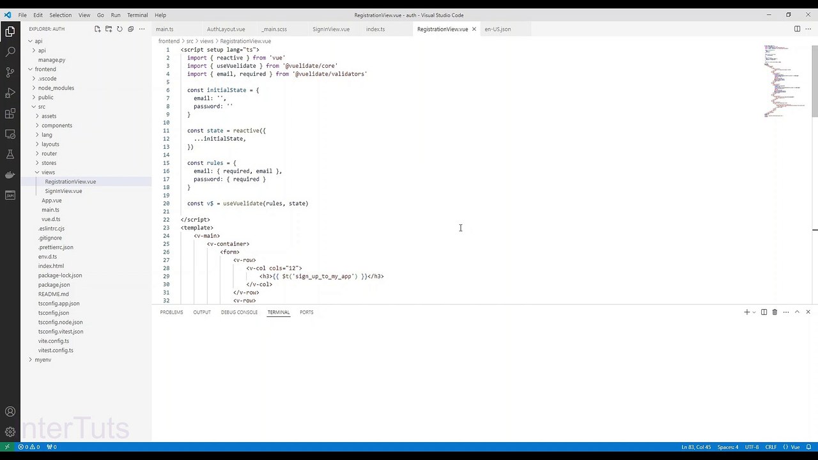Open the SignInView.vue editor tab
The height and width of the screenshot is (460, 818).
click(331, 29)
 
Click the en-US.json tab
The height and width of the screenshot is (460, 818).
click(498, 29)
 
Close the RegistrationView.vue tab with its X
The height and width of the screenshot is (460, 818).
click(474, 29)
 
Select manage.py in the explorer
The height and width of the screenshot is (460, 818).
click(52, 60)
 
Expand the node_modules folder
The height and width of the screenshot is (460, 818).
click(56, 88)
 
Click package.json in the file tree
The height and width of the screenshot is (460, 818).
click(54, 285)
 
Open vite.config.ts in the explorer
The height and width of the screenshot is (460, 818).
click(54, 341)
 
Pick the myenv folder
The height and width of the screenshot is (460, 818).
click(43, 360)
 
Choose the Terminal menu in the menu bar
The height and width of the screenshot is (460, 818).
click(137, 15)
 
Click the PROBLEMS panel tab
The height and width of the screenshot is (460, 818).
click(171, 312)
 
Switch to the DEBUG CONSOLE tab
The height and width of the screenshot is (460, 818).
click(239, 312)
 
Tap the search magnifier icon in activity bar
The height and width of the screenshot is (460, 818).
click(10, 52)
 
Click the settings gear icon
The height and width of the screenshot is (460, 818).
click(10, 432)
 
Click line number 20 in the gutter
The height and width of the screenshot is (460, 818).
click(166, 203)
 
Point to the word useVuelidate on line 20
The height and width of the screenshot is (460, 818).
click(243, 203)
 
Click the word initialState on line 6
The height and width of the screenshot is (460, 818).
click(226, 90)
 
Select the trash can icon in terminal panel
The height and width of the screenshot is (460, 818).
click(775, 312)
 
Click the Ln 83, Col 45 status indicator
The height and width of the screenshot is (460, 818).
click(696, 447)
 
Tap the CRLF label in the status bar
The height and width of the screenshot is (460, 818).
click(771, 447)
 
